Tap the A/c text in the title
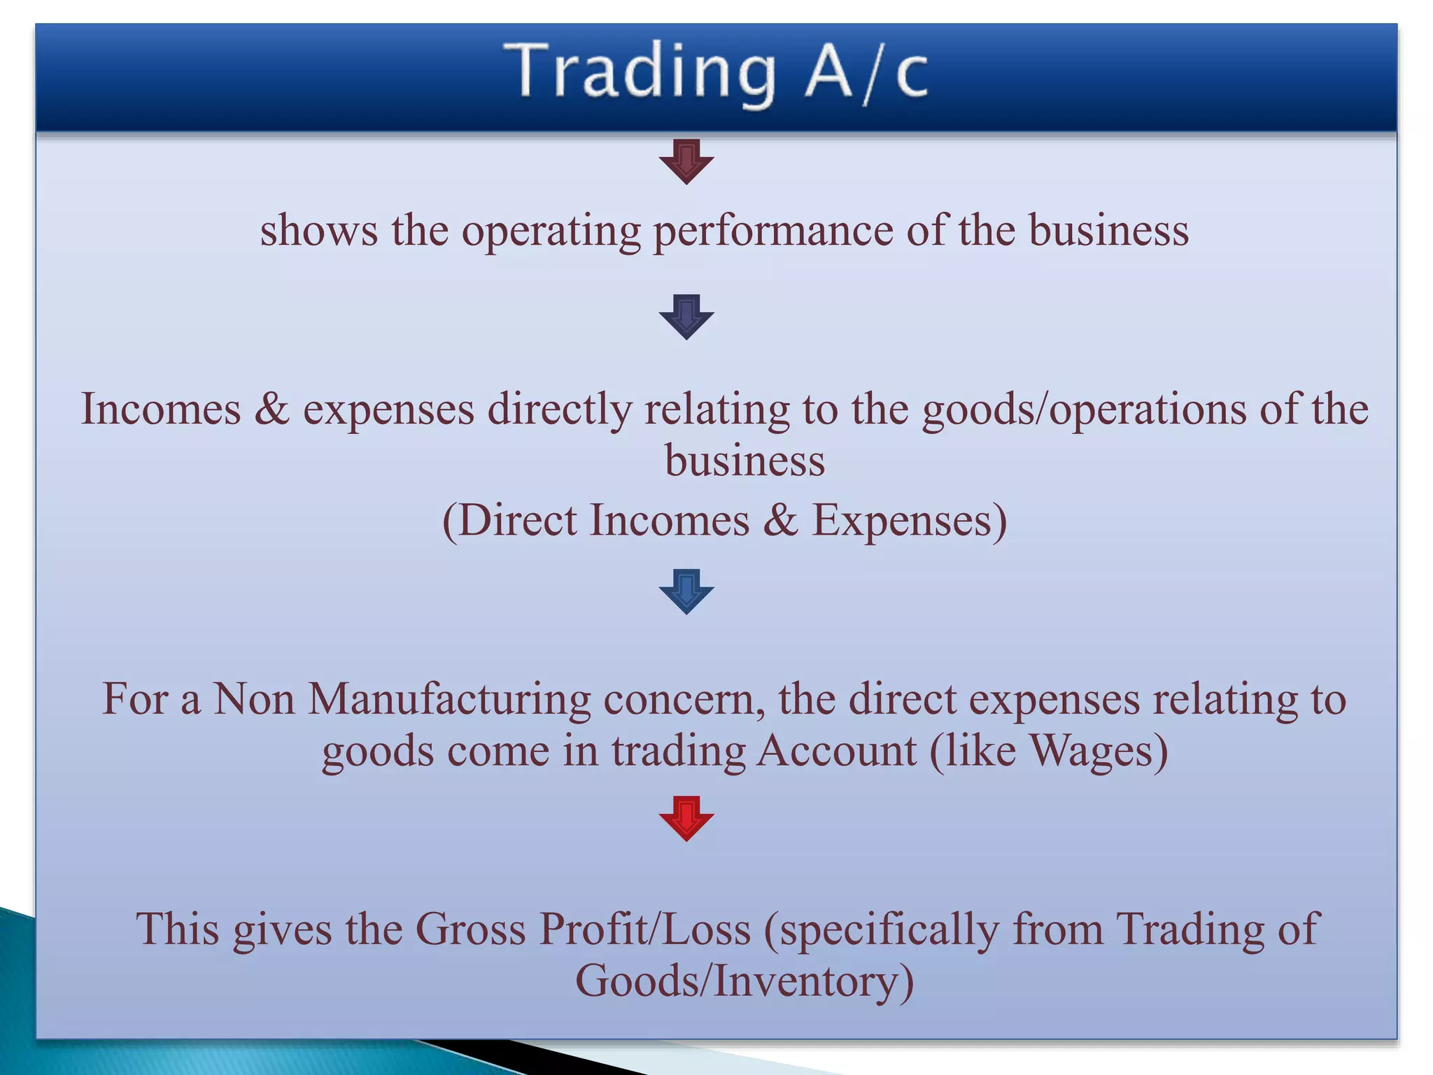[866, 73]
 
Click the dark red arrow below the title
[686, 162]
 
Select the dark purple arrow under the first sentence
[686, 317]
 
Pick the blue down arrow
[686, 591]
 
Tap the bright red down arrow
[686, 817]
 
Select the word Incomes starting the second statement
[161, 409]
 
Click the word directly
[559, 409]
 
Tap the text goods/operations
[1084, 409]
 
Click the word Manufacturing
[449, 699]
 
